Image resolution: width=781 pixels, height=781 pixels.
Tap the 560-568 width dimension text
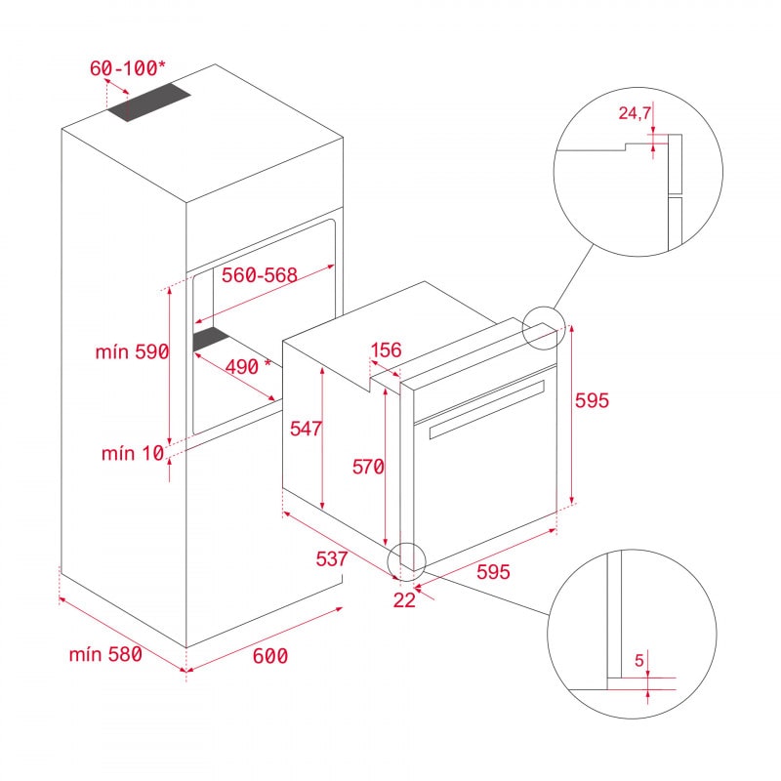pyautogui.click(x=259, y=276)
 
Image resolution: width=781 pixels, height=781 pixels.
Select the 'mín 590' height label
pyautogui.click(x=133, y=352)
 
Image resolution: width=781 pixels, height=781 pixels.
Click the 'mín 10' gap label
pyautogui.click(x=131, y=453)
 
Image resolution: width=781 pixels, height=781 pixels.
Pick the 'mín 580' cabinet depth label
pyautogui.click(x=105, y=654)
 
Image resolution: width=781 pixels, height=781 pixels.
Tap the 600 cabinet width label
pyautogui.click(x=269, y=657)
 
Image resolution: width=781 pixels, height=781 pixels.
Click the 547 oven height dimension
pyautogui.click(x=307, y=427)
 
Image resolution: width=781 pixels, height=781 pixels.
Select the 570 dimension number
pyautogui.click(x=368, y=468)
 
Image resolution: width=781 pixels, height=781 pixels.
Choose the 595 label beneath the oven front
pyautogui.click(x=493, y=573)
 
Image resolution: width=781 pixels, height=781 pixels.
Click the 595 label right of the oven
pyautogui.click(x=592, y=401)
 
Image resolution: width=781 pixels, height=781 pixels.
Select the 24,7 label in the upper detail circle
pyautogui.click(x=636, y=114)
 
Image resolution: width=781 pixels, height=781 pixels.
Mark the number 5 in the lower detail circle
pyautogui.click(x=639, y=661)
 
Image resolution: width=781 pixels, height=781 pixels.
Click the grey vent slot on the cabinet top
pyautogui.click(x=149, y=103)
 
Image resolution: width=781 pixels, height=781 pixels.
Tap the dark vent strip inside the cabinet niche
pyautogui.click(x=210, y=339)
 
